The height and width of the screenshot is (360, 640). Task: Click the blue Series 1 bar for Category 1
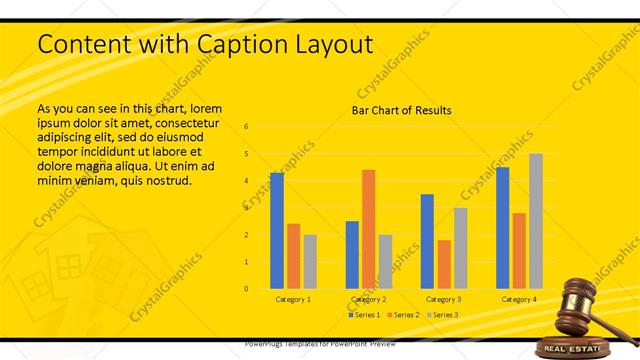[277, 230]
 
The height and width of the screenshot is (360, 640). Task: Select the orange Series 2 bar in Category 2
[368, 229]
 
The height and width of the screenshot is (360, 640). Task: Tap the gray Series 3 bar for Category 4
[535, 221]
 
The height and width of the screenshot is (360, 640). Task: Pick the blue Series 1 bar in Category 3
[427, 241]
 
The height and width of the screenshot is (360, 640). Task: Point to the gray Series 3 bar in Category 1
[310, 261]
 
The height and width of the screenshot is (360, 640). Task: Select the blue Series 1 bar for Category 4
[502, 227]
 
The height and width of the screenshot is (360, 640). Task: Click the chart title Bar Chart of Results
[401, 110]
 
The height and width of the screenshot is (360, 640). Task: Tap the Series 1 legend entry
[364, 315]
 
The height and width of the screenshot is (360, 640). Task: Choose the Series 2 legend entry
[402, 315]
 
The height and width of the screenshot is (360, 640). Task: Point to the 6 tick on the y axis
[246, 127]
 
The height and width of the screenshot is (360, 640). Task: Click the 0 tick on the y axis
[246, 289]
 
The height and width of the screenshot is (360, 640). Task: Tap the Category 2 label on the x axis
[368, 299]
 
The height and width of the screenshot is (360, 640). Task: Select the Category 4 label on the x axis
[518, 299]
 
